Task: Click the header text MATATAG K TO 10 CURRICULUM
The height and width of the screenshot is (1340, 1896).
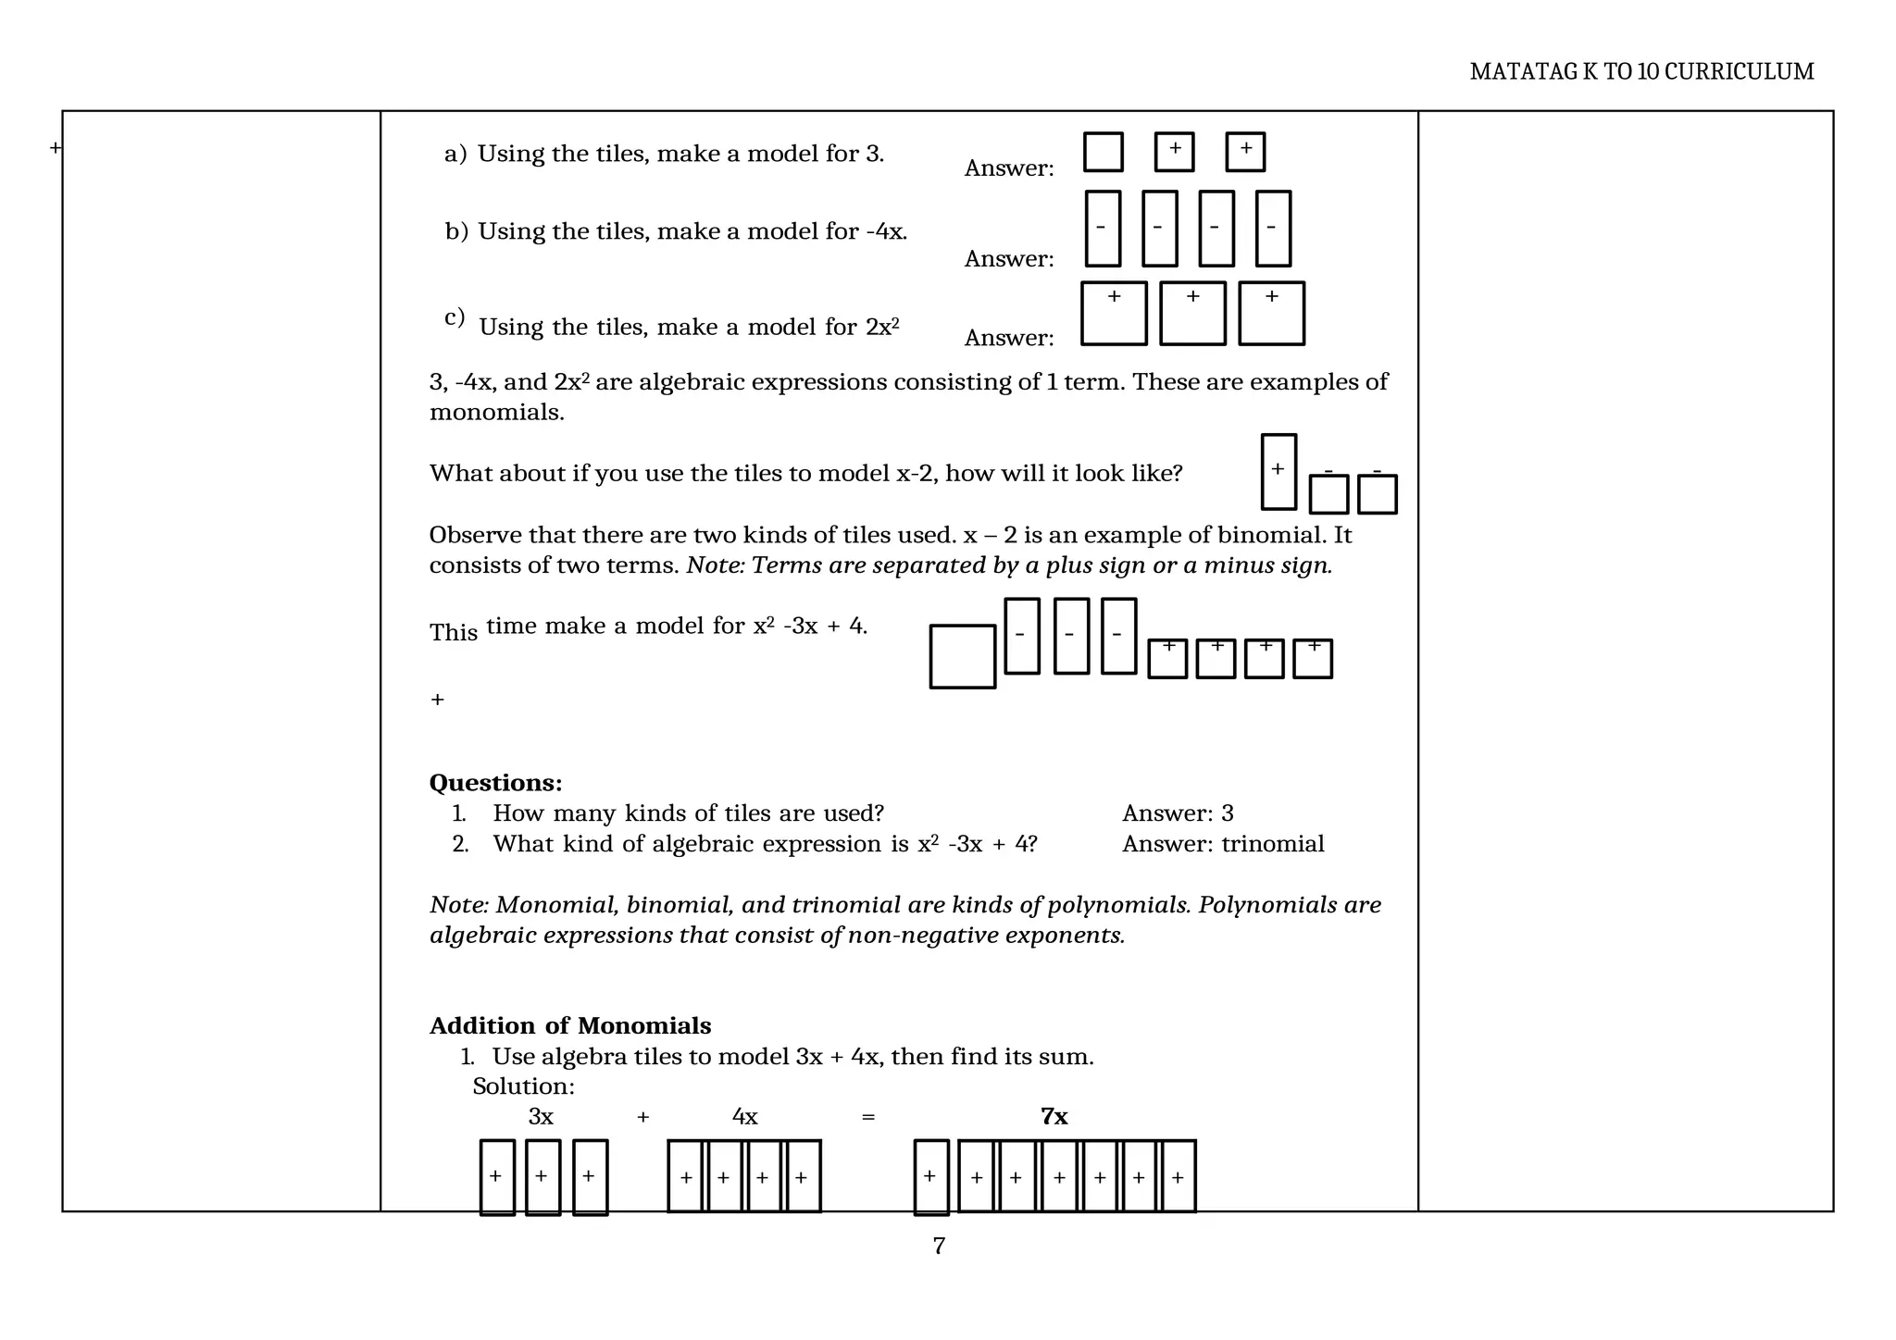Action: [1641, 71]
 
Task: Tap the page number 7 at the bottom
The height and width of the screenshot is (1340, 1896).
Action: [939, 1247]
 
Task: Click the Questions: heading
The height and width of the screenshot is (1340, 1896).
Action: [495, 783]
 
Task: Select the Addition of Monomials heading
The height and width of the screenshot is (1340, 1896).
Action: [570, 1025]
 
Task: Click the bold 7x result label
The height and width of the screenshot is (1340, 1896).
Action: [1054, 1116]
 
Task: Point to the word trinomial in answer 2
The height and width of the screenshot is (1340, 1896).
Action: [1272, 844]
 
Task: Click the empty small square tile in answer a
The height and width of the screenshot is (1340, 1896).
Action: [1103, 152]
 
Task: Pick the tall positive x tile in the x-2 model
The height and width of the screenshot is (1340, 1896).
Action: [1279, 472]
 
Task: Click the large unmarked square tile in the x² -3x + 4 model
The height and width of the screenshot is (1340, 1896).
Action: [962, 657]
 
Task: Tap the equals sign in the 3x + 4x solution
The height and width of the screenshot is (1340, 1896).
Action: [867, 1117]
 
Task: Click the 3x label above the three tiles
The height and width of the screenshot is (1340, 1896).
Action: [541, 1117]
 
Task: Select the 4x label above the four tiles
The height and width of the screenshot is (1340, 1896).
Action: [744, 1117]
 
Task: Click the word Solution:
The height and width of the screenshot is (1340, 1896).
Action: [523, 1086]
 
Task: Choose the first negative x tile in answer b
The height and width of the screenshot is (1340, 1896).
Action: [1102, 229]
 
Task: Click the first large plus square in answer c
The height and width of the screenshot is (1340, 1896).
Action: [1114, 314]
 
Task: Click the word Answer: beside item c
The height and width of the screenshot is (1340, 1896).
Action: [1009, 338]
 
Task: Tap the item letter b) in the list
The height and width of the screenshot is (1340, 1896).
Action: [456, 231]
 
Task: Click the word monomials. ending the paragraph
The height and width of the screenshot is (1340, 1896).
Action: [496, 413]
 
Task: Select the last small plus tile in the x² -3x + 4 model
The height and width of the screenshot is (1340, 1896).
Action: [1312, 659]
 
